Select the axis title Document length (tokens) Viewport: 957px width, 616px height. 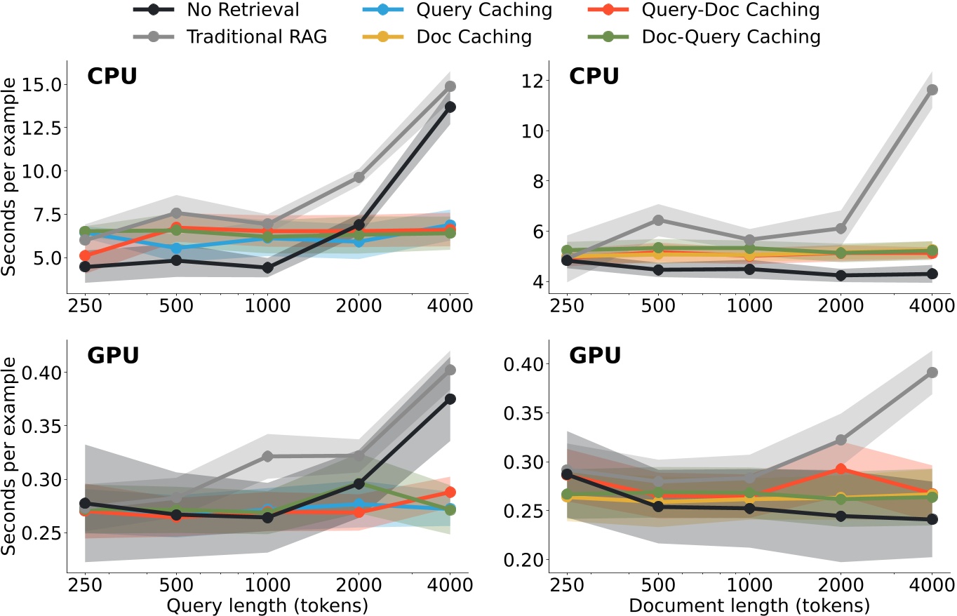749,604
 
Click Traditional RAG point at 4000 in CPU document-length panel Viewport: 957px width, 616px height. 932,90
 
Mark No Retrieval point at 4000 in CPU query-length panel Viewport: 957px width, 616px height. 450,107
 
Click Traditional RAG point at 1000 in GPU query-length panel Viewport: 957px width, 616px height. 267,456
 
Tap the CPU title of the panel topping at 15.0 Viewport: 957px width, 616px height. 112,76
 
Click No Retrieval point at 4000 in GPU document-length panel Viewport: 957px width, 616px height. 932,519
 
